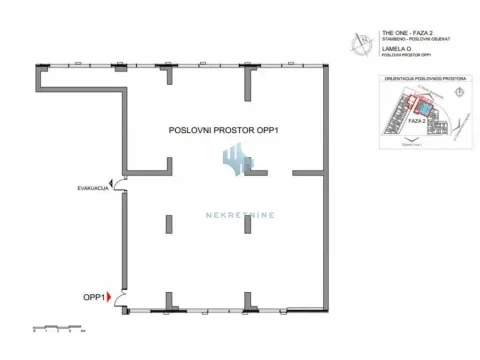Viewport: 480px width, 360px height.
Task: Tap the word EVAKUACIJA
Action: (93, 188)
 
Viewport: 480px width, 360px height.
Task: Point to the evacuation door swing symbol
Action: (118, 184)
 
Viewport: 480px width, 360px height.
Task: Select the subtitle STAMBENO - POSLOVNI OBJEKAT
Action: (404, 39)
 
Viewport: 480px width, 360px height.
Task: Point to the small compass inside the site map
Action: (458, 91)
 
